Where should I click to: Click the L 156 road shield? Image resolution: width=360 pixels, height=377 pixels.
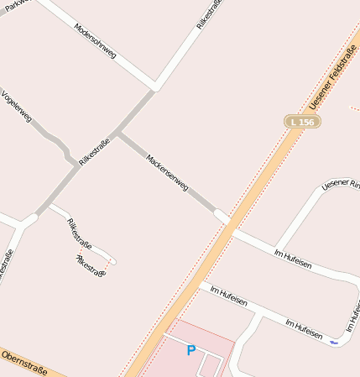[302, 122]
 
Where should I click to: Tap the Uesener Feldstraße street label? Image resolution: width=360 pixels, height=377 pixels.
[334, 76]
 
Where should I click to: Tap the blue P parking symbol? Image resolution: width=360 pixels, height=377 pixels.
[190, 350]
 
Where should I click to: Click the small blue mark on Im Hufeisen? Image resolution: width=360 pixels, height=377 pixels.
[334, 342]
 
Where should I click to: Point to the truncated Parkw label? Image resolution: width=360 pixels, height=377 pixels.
[16, 4]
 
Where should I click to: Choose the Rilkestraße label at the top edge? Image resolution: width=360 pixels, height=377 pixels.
[209, 15]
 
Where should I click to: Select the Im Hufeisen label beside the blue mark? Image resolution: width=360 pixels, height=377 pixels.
[304, 328]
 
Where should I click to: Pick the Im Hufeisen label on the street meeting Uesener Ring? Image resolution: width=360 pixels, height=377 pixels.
[293, 259]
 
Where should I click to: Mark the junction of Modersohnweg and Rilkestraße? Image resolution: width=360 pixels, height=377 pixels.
[154, 86]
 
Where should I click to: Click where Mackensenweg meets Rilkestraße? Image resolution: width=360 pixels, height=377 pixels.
[118, 133]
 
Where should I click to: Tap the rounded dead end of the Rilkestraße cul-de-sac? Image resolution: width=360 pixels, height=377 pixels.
[112, 261]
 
